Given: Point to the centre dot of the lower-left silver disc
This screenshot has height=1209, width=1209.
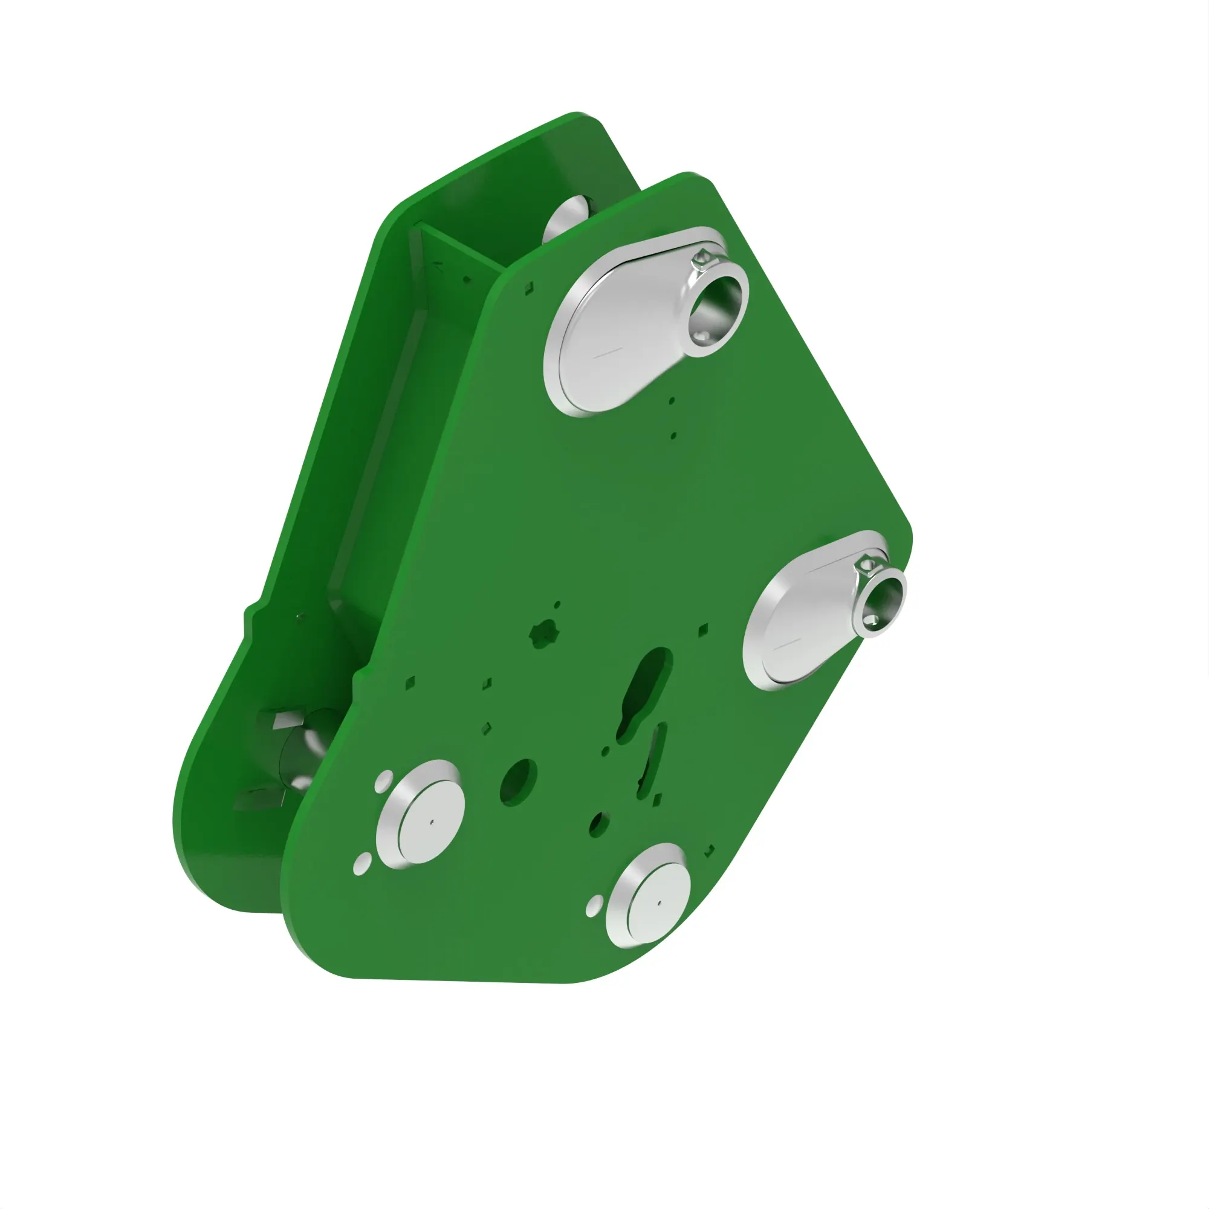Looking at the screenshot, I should coord(431,822).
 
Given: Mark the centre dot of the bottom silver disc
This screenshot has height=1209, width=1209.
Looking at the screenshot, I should coord(659,903).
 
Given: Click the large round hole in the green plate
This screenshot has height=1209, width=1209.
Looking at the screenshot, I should coord(518,782).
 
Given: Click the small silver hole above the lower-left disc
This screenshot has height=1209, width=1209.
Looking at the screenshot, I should coord(384,780).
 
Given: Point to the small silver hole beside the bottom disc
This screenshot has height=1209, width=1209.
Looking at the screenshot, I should coord(594,906).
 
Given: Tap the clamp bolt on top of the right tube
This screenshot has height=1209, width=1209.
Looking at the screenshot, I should coord(866,565).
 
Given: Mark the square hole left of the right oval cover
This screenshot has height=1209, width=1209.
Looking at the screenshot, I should coord(703,629).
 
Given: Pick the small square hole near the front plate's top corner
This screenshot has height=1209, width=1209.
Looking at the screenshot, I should coord(529,287).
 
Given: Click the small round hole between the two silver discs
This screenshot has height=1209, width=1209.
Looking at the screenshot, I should coord(599,824).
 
